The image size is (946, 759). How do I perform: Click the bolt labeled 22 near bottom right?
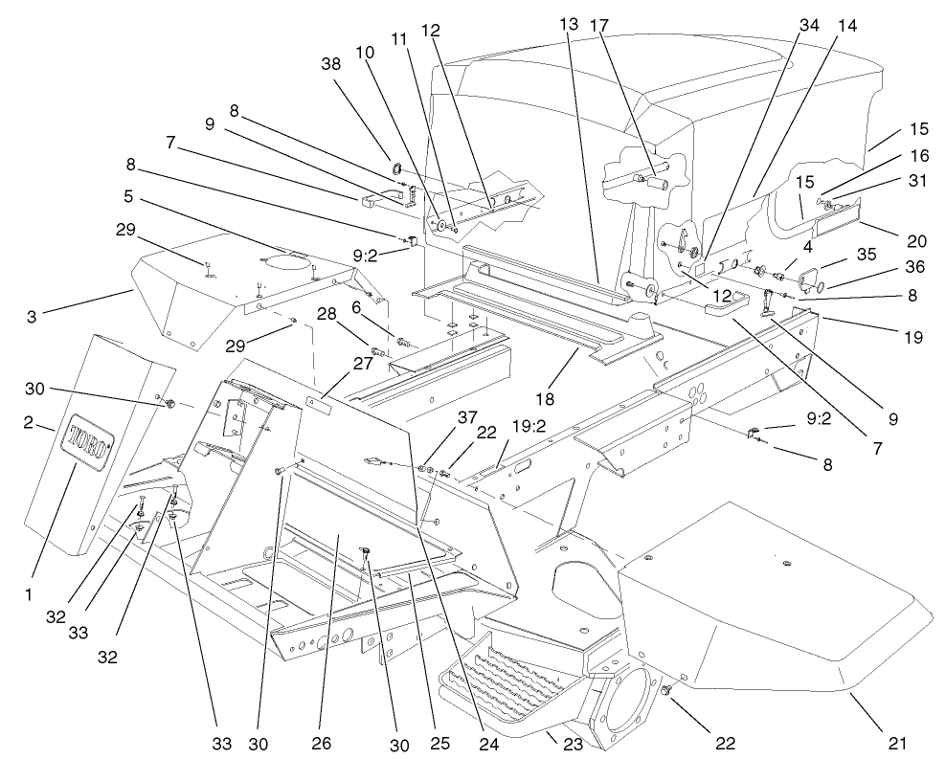click(x=667, y=690)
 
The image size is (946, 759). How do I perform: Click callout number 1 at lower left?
click(x=29, y=594)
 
